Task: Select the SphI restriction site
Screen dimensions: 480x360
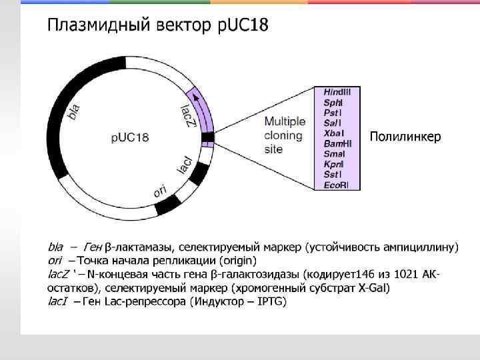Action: coord(333,102)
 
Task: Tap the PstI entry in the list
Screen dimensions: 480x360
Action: coord(333,112)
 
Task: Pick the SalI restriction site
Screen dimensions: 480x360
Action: coord(333,123)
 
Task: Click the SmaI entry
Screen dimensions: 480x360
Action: coord(334,153)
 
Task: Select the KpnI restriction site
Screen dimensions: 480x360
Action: coord(334,164)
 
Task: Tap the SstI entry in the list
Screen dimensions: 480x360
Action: coord(333,174)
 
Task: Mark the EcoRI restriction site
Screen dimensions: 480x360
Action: coord(336,185)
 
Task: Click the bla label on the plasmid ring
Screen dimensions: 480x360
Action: coord(75,111)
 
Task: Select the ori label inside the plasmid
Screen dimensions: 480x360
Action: coord(160,191)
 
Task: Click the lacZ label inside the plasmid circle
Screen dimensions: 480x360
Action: coord(189,115)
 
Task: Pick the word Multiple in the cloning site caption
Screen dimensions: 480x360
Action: coord(285,122)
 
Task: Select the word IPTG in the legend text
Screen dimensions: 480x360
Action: coord(271,302)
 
